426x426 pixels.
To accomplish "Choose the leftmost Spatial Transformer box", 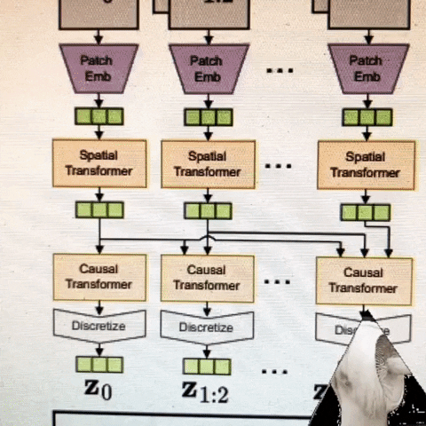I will coord(99,162).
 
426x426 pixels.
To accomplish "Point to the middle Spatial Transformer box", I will coord(207,163).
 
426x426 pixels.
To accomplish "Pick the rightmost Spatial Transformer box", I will coord(365,166).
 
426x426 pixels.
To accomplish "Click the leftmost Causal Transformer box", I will coord(99,277).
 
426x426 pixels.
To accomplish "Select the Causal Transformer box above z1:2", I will coord(207,277).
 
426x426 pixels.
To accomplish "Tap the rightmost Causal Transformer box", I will coord(364,280).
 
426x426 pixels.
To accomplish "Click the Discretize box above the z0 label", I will coord(99,327).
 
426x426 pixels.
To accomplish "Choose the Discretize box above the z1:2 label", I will coord(207,327).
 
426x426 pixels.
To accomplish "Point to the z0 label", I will coord(99,390).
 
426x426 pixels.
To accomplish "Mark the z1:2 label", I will coord(205,392).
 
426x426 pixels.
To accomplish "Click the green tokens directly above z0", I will coord(99,364).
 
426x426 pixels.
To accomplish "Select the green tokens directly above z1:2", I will coord(208,366).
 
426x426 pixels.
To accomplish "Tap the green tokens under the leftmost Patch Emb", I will coord(99,116).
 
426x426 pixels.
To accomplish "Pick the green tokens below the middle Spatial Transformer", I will coord(208,210).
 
